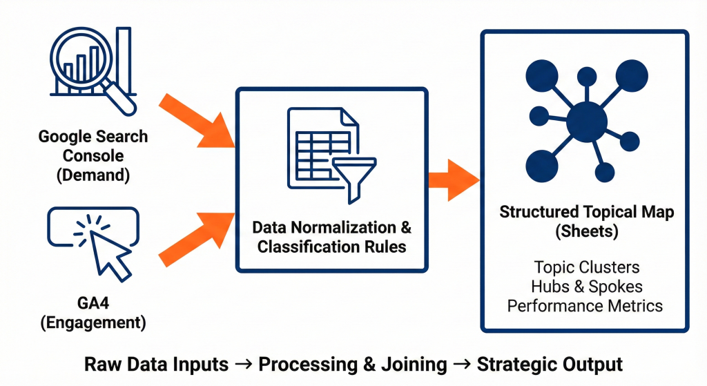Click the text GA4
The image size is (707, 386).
[x=93, y=303]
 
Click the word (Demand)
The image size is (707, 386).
[x=93, y=175]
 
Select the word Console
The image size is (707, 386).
[x=93, y=155]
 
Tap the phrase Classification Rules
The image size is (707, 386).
[x=331, y=247]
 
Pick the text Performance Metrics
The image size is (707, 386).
[x=585, y=305]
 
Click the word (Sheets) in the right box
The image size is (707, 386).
[x=585, y=231]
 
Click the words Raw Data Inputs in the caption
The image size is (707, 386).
[x=156, y=365]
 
